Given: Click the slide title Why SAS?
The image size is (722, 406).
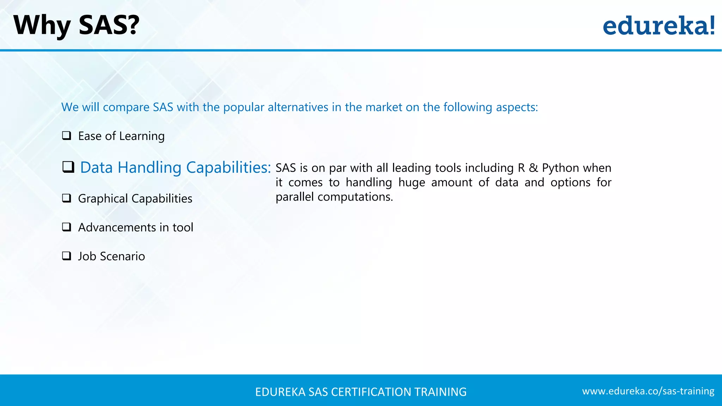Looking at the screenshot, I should (76, 25).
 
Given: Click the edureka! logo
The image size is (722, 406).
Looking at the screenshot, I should (659, 25).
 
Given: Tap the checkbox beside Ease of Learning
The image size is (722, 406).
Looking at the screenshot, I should (67, 136).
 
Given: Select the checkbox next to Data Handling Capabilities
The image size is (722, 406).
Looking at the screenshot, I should (68, 167).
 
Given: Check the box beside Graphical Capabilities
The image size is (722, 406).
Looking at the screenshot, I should (67, 198).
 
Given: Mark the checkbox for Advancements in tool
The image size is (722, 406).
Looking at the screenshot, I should (67, 227).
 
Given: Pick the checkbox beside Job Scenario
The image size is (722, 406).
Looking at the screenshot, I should (67, 256).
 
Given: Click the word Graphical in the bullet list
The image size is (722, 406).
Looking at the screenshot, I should (103, 199).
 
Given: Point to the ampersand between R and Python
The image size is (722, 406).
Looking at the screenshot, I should (533, 168).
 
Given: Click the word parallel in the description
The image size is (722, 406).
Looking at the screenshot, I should (294, 197).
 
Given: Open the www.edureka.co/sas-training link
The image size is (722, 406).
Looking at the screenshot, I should (648, 391).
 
